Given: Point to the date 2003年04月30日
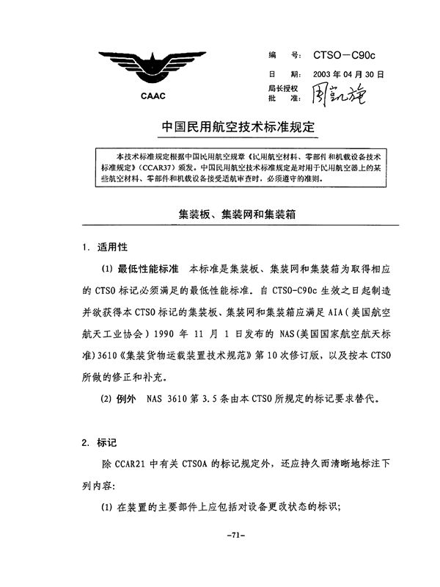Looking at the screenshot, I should tap(343, 75).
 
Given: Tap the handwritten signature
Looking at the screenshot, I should tap(338, 94).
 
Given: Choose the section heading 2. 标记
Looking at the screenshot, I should tap(102, 444).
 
